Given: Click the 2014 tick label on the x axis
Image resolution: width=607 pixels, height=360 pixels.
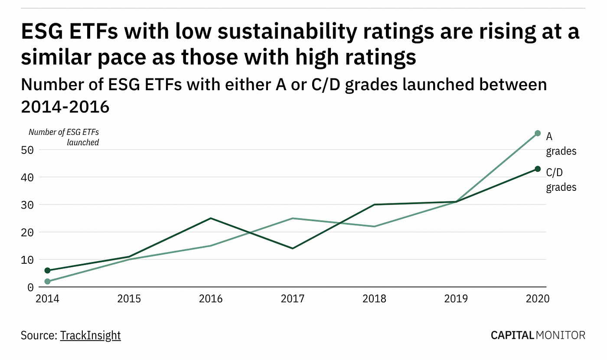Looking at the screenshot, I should [47, 299].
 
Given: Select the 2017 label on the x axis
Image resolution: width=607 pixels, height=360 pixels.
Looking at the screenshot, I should [293, 299].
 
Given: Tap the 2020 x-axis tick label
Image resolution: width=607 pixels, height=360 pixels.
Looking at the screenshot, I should [538, 299].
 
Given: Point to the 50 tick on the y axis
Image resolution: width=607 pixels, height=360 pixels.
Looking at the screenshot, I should [29, 150].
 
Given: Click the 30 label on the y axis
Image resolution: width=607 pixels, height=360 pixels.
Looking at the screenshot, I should [29, 205].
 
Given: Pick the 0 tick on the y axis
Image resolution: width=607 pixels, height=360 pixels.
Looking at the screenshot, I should [30, 287].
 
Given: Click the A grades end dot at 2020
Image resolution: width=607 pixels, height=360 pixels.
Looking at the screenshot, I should [538, 133].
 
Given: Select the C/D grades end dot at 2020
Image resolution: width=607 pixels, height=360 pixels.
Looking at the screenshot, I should [538, 169].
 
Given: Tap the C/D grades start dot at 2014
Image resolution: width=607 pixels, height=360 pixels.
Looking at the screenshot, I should [47, 270].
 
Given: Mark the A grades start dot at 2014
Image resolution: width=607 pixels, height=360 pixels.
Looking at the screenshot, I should [47, 281].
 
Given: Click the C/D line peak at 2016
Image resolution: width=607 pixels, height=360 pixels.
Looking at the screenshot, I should [211, 218].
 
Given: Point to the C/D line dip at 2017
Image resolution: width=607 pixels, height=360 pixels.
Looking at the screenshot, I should [293, 249].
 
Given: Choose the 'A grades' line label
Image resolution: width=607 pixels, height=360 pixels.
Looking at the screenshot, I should [561, 144].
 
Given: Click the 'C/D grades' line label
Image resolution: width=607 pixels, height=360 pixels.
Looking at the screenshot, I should [561, 180].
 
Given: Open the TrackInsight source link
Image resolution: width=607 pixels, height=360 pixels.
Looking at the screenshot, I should [90, 335].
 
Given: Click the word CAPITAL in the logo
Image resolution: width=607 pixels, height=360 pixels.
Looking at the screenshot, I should [512, 335].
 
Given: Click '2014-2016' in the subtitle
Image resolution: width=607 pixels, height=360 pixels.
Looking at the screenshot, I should [65, 106].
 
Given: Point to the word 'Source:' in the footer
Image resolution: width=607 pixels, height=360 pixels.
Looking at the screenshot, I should [39, 335].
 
